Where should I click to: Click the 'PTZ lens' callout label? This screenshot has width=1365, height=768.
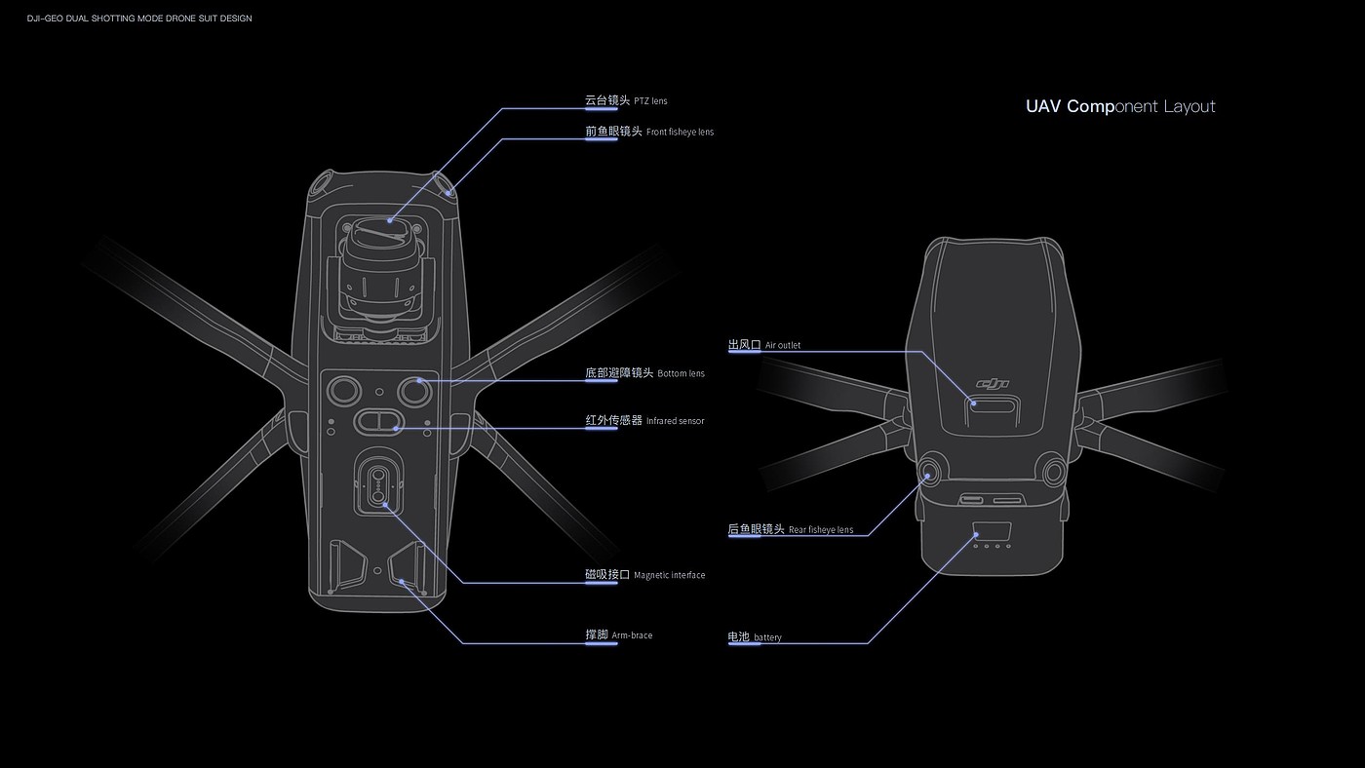pos(626,100)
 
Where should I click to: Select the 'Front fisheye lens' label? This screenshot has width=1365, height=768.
pos(649,132)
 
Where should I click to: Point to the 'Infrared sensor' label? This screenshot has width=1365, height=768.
pos(644,420)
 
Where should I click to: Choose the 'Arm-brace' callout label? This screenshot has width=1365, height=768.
pos(618,635)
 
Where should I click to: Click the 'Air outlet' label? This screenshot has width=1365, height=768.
pos(764,345)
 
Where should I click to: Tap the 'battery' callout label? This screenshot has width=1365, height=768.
pos(754,637)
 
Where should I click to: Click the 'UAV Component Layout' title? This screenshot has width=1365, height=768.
pos(1120,106)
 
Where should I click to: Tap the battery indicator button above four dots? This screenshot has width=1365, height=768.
pos(991,533)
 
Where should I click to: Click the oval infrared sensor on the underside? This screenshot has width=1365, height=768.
pos(377,421)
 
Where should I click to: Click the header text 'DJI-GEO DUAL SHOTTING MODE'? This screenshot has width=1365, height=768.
pos(139,19)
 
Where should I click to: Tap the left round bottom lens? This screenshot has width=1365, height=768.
pos(341,391)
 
